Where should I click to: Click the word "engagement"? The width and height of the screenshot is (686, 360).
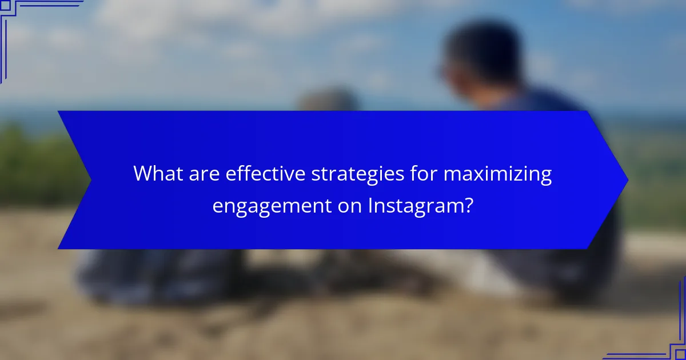point(271,205)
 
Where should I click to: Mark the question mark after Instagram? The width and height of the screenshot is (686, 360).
point(468,205)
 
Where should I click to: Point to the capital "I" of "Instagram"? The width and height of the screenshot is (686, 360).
point(370,205)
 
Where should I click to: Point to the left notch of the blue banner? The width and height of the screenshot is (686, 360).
point(90,180)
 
